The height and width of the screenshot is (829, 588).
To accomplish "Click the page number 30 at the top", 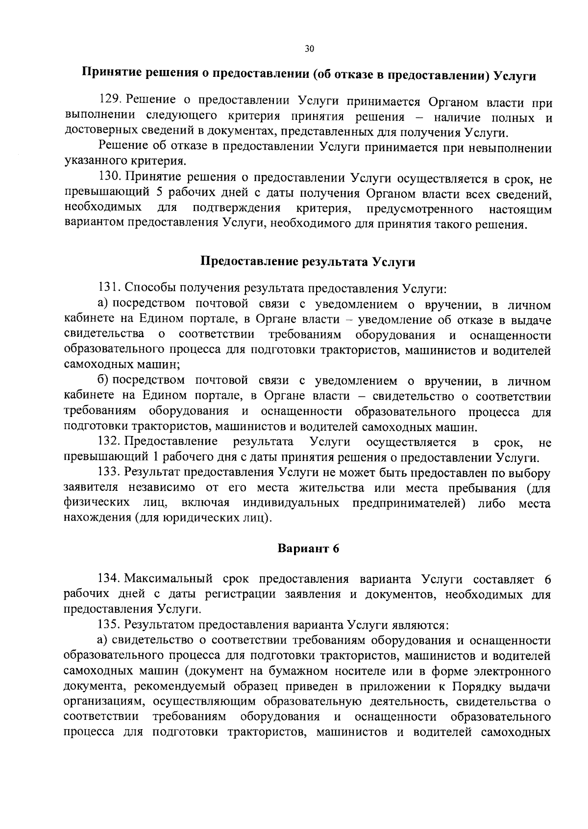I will [x=309, y=48].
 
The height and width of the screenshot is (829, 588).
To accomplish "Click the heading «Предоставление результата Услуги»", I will [x=309, y=261].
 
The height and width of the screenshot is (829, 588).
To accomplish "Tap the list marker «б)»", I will [x=105, y=380].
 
